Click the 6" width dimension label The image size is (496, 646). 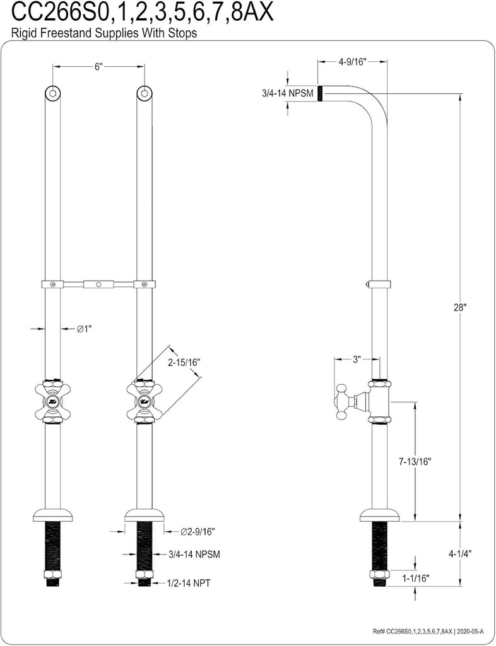[98, 67]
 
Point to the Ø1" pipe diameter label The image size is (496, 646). [85, 329]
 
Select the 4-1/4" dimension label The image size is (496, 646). [461, 555]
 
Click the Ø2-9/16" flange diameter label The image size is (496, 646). [198, 532]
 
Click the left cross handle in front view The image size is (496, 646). [53, 402]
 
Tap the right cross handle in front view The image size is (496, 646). [145, 402]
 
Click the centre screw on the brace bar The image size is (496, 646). [98, 285]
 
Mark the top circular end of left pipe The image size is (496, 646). [53, 93]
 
